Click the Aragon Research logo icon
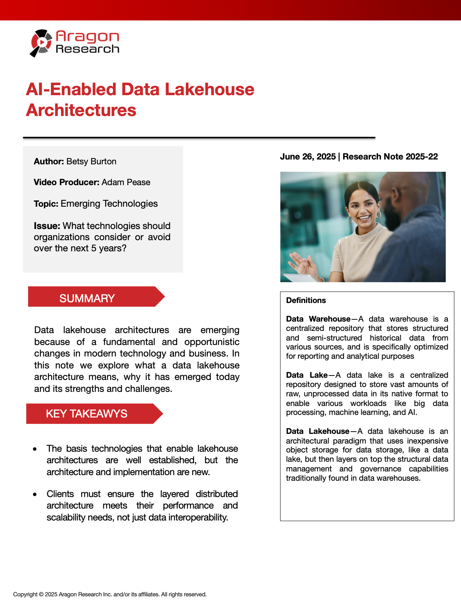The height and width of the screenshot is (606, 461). click(41, 43)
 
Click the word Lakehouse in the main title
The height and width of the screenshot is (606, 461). click(209, 90)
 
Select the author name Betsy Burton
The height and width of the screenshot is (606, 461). click(91, 161)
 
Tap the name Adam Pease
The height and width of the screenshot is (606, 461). click(126, 182)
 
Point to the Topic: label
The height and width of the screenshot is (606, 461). click(46, 204)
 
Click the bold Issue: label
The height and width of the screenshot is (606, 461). click(47, 226)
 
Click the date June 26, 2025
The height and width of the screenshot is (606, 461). click(308, 157)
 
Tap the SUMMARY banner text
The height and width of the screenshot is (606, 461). click(87, 298)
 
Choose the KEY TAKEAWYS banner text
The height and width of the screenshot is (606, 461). click(86, 413)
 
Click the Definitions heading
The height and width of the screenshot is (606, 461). click(306, 300)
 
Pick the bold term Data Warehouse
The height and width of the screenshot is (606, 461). click(318, 319)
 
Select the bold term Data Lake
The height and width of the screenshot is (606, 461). click(307, 375)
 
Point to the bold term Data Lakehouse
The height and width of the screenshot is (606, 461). click(317, 431)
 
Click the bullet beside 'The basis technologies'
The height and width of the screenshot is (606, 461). click(35, 449)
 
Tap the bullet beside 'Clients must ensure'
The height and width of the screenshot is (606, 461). click(35, 494)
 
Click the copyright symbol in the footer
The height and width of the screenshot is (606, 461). click(41, 594)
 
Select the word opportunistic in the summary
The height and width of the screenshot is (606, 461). click(212, 342)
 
